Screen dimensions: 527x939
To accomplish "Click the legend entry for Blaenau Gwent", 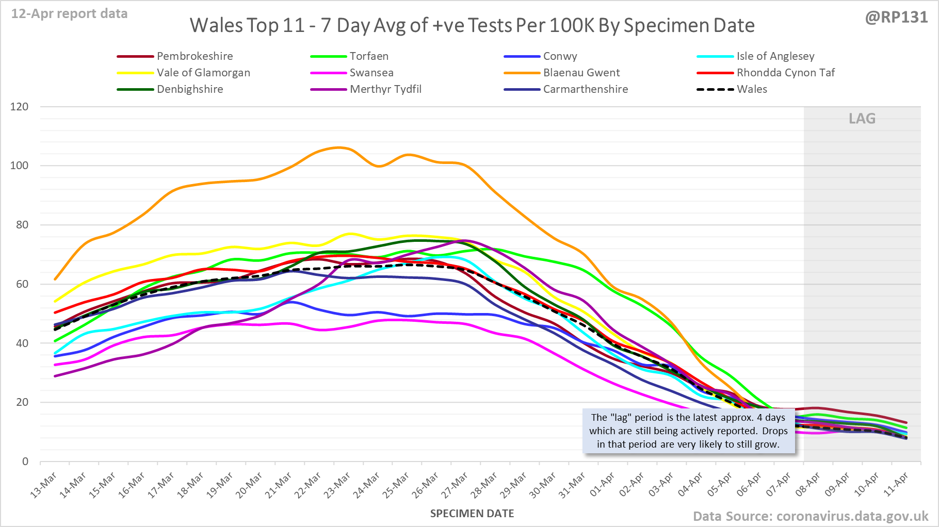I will tap(581, 73).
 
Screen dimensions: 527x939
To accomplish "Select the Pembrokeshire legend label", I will tap(195, 56).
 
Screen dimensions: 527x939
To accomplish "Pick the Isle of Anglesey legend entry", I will tap(775, 56).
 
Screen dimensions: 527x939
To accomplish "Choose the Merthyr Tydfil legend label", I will tap(385, 89).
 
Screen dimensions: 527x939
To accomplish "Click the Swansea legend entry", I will tap(371, 73).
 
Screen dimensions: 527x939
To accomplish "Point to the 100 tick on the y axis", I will tap(19, 166).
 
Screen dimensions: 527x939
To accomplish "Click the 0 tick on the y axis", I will tap(25, 462).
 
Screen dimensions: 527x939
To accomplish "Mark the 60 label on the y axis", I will tap(21, 284).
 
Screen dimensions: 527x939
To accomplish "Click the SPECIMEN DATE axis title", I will tap(472, 514).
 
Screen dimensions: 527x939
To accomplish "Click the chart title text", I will tap(472, 25).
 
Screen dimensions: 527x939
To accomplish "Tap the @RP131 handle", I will tap(896, 18).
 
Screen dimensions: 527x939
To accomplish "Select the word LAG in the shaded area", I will tap(862, 119).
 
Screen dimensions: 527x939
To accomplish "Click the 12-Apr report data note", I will tap(70, 14).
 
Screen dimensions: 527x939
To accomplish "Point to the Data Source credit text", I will tap(810, 516).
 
